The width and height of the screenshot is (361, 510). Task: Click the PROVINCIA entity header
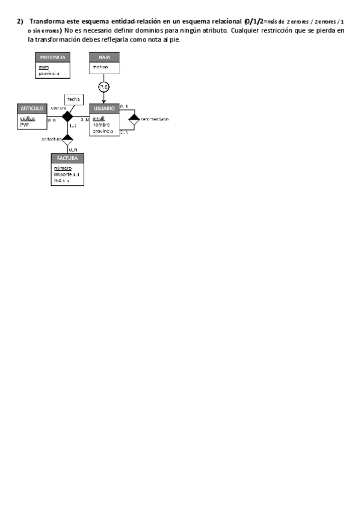click(x=52, y=57)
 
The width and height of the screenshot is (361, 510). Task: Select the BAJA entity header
click(x=104, y=57)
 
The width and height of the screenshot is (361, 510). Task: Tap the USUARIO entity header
click(x=104, y=108)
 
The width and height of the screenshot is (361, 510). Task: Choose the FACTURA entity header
click(x=67, y=158)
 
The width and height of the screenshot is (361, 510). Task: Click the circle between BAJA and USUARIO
click(x=104, y=88)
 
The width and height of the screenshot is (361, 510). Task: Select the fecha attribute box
click(x=74, y=99)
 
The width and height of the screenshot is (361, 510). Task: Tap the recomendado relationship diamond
click(x=134, y=119)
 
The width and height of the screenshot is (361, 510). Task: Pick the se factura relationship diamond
click(x=67, y=140)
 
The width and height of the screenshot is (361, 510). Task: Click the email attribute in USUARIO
click(x=99, y=118)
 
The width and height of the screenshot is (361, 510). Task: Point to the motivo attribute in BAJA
click(x=100, y=67)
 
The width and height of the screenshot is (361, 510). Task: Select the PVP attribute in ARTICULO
click(x=24, y=124)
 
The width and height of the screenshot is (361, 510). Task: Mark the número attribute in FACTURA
click(x=63, y=168)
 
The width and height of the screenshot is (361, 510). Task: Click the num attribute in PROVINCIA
click(x=43, y=67)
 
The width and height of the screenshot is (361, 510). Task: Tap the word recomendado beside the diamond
click(x=155, y=119)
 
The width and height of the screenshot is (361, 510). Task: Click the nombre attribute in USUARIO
click(x=100, y=124)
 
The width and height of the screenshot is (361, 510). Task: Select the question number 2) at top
click(x=20, y=22)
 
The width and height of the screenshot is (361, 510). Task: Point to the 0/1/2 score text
click(x=254, y=22)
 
